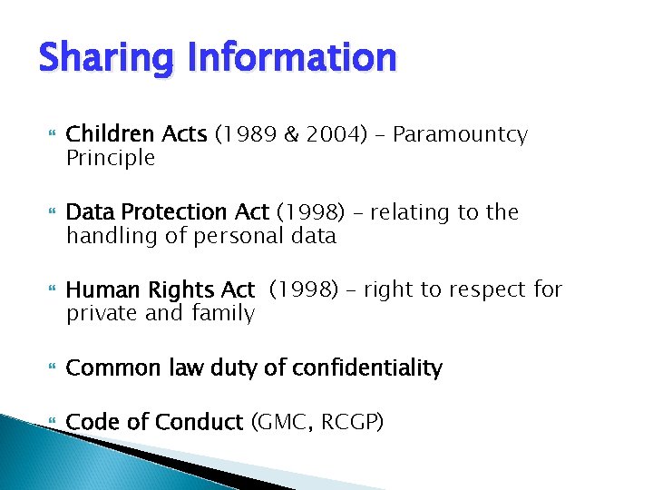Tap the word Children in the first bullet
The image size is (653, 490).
(x=106, y=135)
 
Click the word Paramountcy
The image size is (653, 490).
(x=460, y=136)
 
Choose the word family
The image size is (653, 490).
(x=222, y=314)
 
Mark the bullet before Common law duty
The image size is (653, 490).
(x=51, y=368)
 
